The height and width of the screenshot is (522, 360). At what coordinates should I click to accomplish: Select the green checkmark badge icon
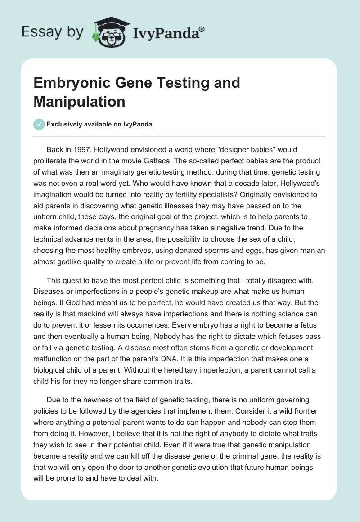(39, 124)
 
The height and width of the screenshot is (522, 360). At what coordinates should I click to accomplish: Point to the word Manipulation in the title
(79, 102)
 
